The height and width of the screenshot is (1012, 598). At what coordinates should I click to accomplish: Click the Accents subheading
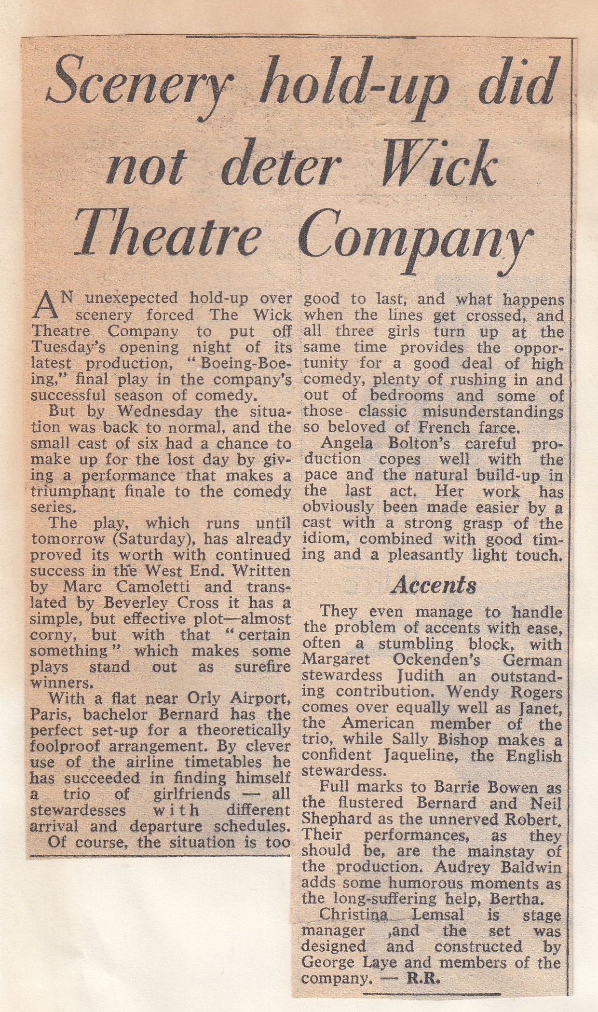pyautogui.click(x=434, y=585)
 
